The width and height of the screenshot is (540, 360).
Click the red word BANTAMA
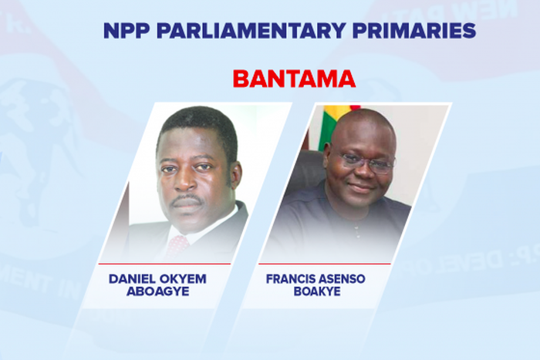294,79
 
